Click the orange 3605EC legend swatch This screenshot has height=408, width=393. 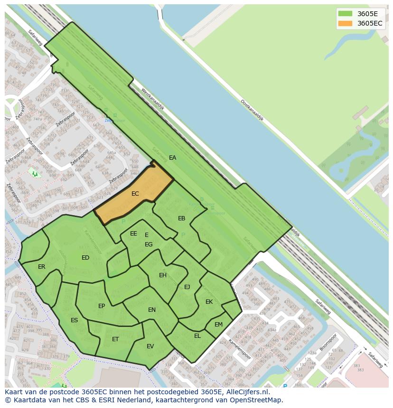[x=345, y=23]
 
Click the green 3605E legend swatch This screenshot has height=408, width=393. [x=345, y=14]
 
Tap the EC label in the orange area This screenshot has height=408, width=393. [x=135, y=194]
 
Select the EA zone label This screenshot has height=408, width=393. [x=172, y=158]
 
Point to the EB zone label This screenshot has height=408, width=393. [x=181, y=218]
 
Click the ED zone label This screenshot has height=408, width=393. [x=85, y=258]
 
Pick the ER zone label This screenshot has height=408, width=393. [x=42, y=267]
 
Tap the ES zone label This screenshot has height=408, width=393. [x=74, y=320]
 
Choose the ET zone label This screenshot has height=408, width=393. [x=115, y=339]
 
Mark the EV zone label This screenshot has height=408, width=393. [x=150, y=346]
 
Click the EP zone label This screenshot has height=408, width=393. [x=102, y=306]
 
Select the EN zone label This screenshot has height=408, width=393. [x=152, y=310]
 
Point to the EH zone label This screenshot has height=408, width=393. [x=163, y=275]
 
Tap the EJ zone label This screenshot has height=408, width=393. [x=187, y=287]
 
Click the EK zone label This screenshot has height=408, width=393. [x=209, y=302]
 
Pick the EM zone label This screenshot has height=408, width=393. [x=218, y=325]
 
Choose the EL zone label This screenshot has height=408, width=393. [x=197, y=336]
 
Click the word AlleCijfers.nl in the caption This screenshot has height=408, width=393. [x=247, y=392]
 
